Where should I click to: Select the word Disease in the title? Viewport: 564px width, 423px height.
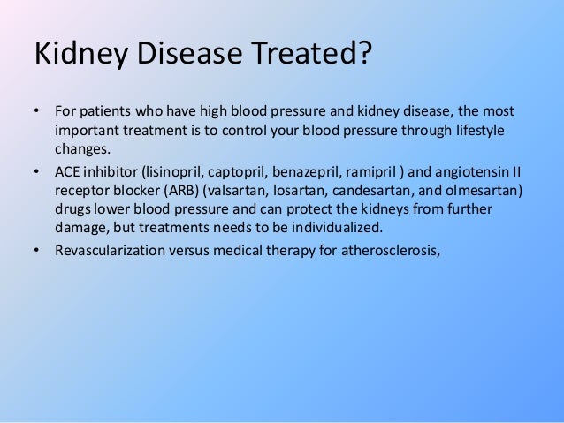186,55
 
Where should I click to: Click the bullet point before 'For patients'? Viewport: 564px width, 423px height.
37,113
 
